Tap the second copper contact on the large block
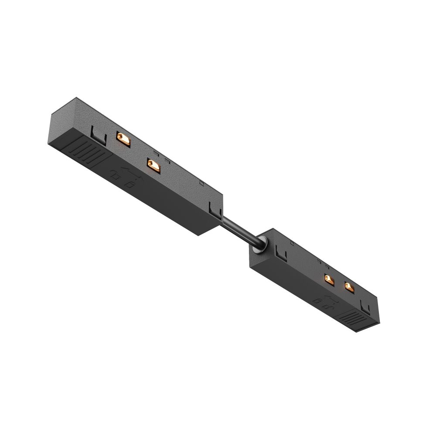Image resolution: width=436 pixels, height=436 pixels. click(153, 164)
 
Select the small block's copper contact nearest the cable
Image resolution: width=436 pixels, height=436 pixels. click(329, 279)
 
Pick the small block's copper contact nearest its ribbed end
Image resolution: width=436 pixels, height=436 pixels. click(348, 286)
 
